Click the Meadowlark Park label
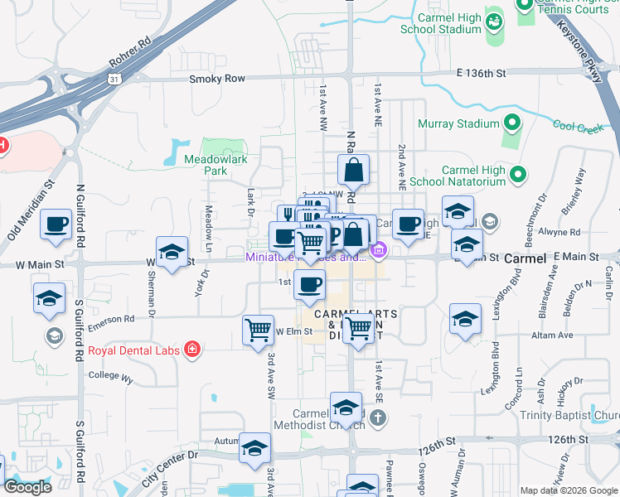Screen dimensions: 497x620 205,165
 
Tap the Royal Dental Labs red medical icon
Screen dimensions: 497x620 193,350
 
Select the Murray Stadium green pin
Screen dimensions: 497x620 511,124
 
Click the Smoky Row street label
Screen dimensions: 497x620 217,79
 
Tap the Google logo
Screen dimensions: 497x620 27,487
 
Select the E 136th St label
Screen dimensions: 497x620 481,74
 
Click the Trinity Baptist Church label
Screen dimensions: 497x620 569,415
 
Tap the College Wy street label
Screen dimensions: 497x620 110,377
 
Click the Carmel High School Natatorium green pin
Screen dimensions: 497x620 518,175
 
